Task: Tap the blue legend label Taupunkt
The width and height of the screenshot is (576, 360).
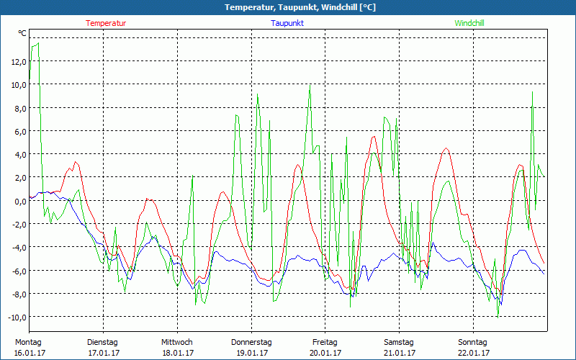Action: tap(287, 23)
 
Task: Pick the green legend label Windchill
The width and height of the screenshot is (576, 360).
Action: tap(469, 23)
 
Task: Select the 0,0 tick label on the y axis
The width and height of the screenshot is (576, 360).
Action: tap(19, 201)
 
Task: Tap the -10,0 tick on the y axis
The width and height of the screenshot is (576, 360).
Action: tap(17, 317)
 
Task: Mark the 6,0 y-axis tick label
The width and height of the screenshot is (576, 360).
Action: tap(19, 131)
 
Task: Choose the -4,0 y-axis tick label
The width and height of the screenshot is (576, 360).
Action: tap(18, 247)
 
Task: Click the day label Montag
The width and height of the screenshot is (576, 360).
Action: tap(28, 342)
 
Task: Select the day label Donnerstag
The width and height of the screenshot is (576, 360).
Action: tap(251, 342)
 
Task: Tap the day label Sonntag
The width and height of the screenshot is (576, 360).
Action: tap(473, 342)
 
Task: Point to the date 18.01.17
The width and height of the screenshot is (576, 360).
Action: tap(177, 353)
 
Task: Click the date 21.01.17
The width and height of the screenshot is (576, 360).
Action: tap(399, 353)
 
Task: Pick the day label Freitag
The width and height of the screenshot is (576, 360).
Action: tap(325, 342)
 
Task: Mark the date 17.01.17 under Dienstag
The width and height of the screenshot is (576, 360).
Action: tap(104, 353)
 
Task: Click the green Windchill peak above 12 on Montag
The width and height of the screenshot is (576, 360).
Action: tap(37, 44)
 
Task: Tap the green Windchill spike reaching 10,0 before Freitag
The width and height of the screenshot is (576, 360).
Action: tap(310, 85)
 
